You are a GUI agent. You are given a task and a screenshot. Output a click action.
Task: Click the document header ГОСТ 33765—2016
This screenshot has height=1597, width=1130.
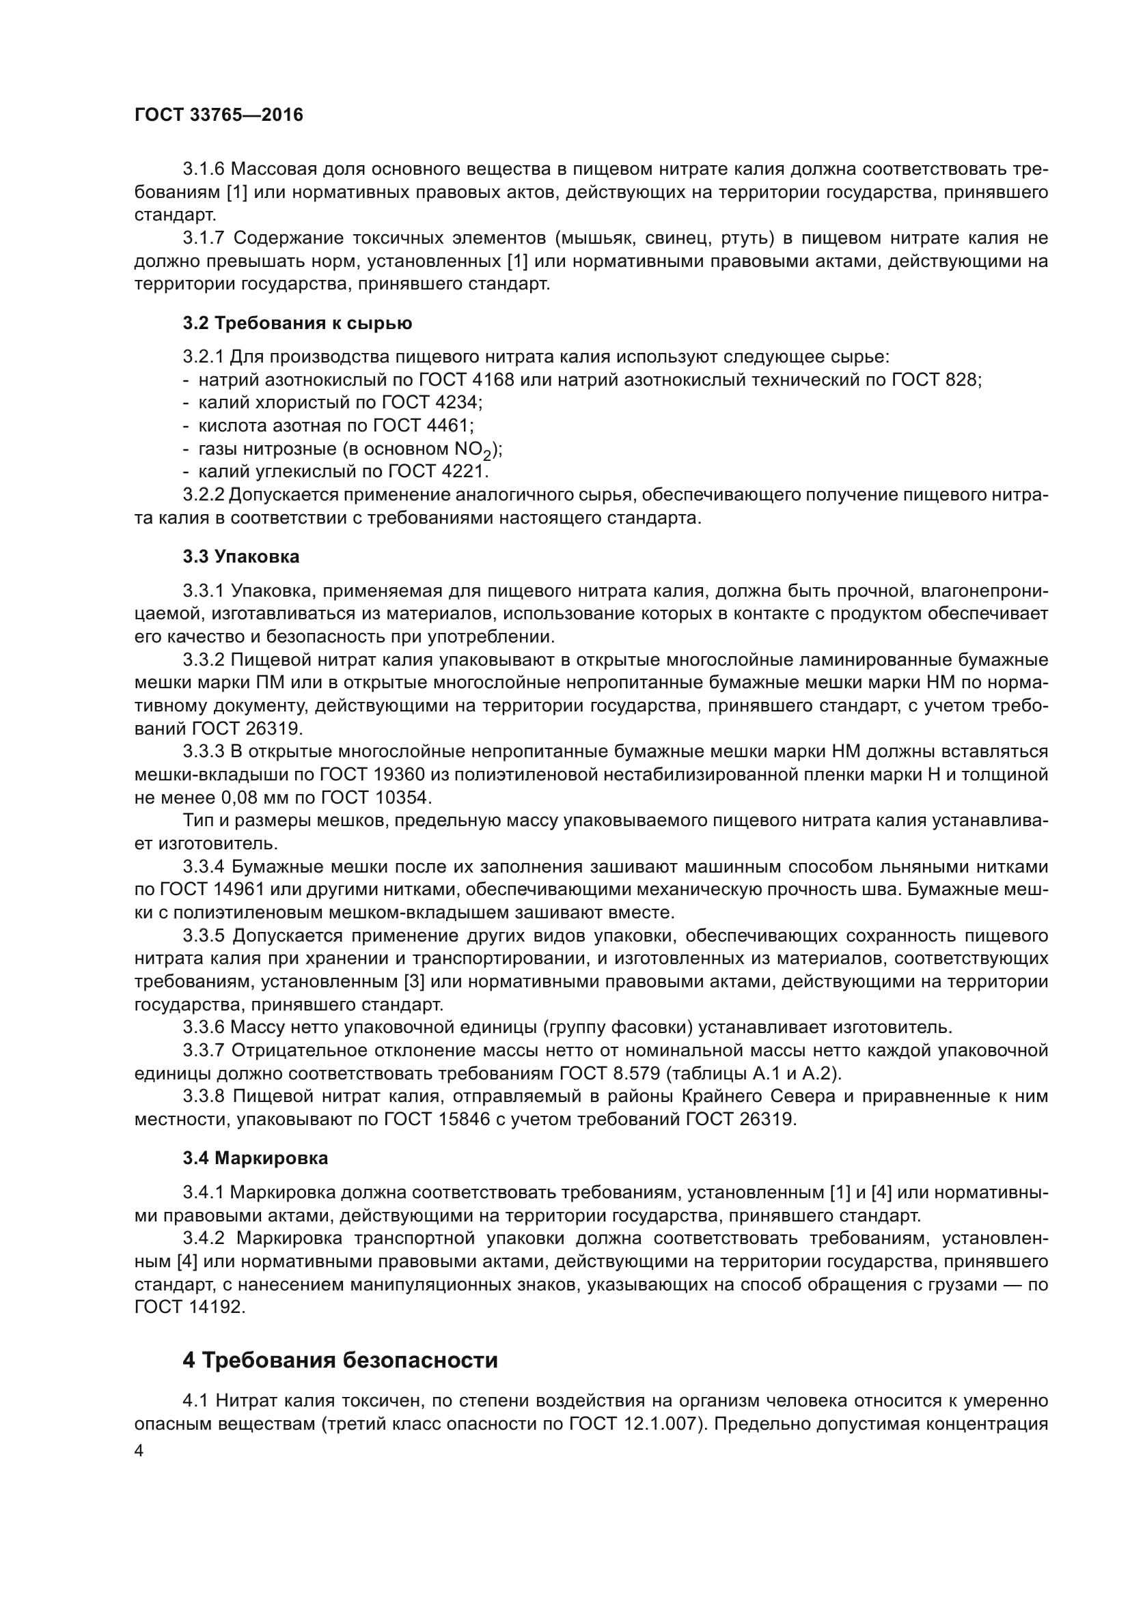click(x=219, y=115)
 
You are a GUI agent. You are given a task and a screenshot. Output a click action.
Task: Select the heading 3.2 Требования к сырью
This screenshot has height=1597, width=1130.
click(x=297, y=324)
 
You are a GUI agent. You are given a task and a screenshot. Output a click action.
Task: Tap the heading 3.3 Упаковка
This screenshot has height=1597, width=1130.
click(x=241, y=556)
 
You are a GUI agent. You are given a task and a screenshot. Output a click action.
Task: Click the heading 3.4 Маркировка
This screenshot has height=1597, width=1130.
click(x=256, y=1158)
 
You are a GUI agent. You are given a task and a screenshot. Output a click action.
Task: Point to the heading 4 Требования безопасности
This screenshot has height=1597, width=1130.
click(x=340, y=1360)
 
